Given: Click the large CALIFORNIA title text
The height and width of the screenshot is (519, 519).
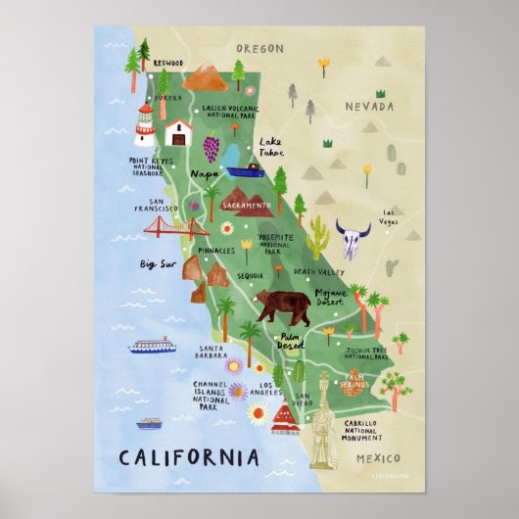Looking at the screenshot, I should pyautogui.click(x=189, y=456).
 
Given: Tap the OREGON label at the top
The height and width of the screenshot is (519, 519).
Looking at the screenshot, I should pyautogui.click(x=259, y=48).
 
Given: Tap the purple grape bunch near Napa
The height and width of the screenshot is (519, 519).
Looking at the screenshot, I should pyautogui.click(x=211, y=148).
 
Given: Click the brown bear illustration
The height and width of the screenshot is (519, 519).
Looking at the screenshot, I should pyautogui.click(x=281, y=306).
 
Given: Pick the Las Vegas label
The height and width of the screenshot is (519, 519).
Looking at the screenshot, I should pyautogui.click(x=391, y=216).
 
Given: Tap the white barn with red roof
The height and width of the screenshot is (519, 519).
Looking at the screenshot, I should pyautogui.click(x=177, y=131).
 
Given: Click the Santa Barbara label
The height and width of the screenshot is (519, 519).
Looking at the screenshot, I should pyautogui.click(x=214, y=352).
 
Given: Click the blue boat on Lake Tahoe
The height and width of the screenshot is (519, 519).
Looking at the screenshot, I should pyautogui.click(x=245, y=170).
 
